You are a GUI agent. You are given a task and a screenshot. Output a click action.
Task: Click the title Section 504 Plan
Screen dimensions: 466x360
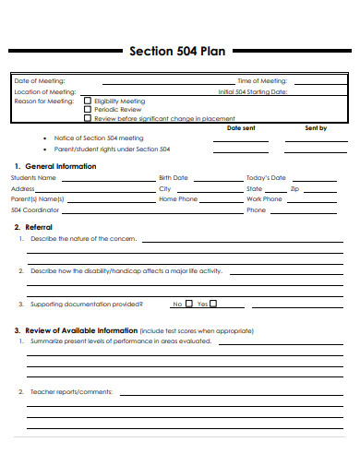(x=177, y=52)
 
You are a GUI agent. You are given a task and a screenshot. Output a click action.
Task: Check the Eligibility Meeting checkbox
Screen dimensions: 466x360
(x=88, y=102)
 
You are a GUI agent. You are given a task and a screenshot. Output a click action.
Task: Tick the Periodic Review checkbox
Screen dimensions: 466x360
(x=88, y=110)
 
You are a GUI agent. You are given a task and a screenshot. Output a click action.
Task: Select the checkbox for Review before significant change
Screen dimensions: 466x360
(x=88, y=118)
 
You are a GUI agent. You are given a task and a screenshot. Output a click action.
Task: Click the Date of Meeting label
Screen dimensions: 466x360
(x=40, y=81)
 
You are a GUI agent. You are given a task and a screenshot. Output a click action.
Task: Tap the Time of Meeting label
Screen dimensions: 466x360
(x=262, y=81)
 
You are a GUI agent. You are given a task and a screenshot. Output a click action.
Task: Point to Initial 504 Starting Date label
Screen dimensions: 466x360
(x=252, y=91)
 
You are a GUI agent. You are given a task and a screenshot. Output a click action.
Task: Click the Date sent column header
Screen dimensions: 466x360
(x=241, y=128)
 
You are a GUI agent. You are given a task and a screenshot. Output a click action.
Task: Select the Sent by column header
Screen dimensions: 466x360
(x=316, y=128)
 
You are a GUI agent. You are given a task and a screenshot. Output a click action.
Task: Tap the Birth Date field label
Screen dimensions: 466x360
(x=173, y=177)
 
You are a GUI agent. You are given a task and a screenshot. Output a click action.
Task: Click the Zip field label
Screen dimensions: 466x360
(x=294, y=188)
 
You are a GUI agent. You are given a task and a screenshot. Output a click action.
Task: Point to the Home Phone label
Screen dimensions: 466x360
(x=178, y=198)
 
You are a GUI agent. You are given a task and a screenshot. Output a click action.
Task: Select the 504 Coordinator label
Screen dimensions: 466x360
(x=35, y=209)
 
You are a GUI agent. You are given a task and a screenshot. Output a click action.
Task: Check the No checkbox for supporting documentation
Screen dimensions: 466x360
(x=189, y=303)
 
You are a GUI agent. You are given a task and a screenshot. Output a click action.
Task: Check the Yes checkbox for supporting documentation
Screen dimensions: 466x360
(x=224, y=303)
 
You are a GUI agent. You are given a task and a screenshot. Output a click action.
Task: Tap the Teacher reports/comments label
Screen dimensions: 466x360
(x=71, y=392)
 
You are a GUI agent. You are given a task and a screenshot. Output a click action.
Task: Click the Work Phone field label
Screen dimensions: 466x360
(x=264, y=198)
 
